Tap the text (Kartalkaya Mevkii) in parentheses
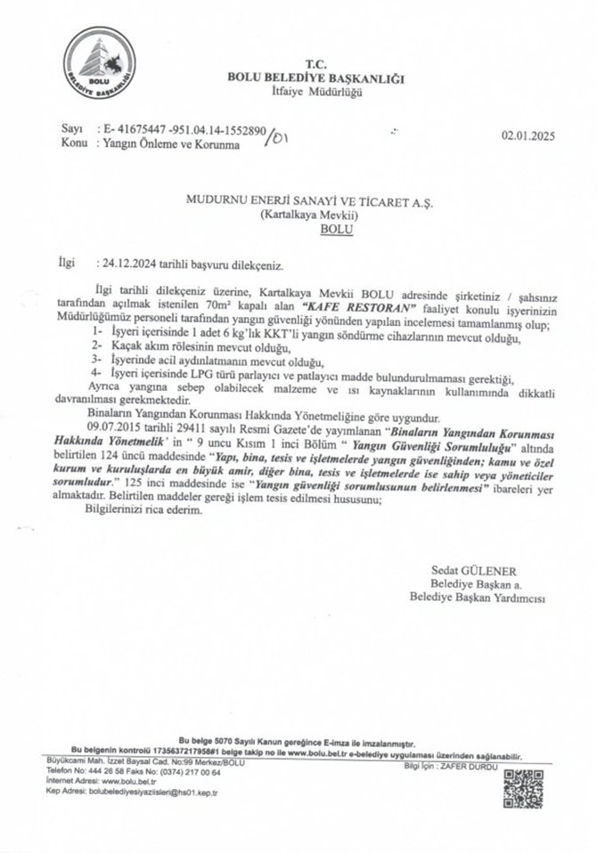click(308, 216)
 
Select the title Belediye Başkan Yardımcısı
click(482, 597)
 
